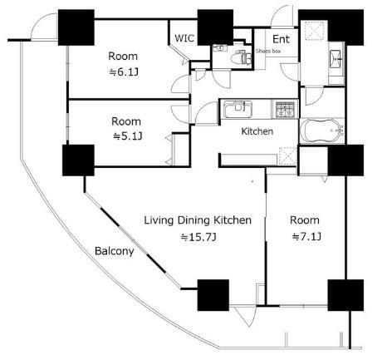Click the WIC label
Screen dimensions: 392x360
184,38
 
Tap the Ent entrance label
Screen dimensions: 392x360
281,39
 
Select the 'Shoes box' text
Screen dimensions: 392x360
268,51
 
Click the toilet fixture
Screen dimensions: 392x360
241,57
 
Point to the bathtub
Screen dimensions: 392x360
322,131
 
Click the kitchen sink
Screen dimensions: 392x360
238,109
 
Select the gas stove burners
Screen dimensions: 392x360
286,109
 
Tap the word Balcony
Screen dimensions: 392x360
115,251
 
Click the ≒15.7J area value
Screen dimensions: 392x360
198,237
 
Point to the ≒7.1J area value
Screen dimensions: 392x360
306,237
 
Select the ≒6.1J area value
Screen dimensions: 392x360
124,72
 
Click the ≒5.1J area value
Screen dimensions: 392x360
128,136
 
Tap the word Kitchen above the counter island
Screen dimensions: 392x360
257,131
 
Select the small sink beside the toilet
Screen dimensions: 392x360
220,48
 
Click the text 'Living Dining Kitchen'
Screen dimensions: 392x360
198,220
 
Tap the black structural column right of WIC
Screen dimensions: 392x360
215,27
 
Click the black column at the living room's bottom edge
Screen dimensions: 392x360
213,295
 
